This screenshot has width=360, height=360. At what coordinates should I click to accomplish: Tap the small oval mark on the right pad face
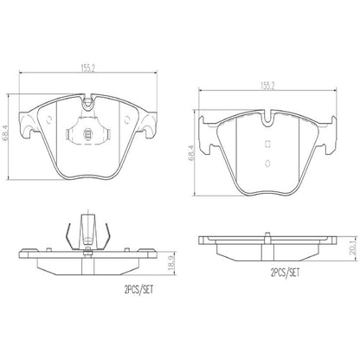pos(267,164)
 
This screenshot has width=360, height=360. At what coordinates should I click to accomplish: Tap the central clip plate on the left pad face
pos(88,134)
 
